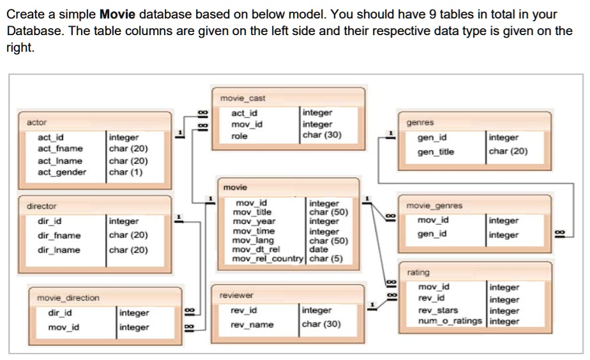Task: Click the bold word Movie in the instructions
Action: [117, 14]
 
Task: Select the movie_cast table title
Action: [243, 98]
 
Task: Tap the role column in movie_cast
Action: [239, 136]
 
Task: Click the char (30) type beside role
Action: [322, 135]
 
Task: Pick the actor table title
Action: [36, 122]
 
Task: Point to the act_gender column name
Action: [62, 172]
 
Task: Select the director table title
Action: [42, 206]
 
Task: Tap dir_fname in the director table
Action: [59, 236]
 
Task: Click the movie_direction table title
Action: [68, 297]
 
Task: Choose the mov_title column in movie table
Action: [252, 212]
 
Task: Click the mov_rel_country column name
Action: [269, 259]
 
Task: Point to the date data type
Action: [318, 250]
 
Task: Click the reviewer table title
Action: [236, 296]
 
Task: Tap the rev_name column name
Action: [252, 325]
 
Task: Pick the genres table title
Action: [420, 122]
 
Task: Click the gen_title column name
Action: [436, 152]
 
